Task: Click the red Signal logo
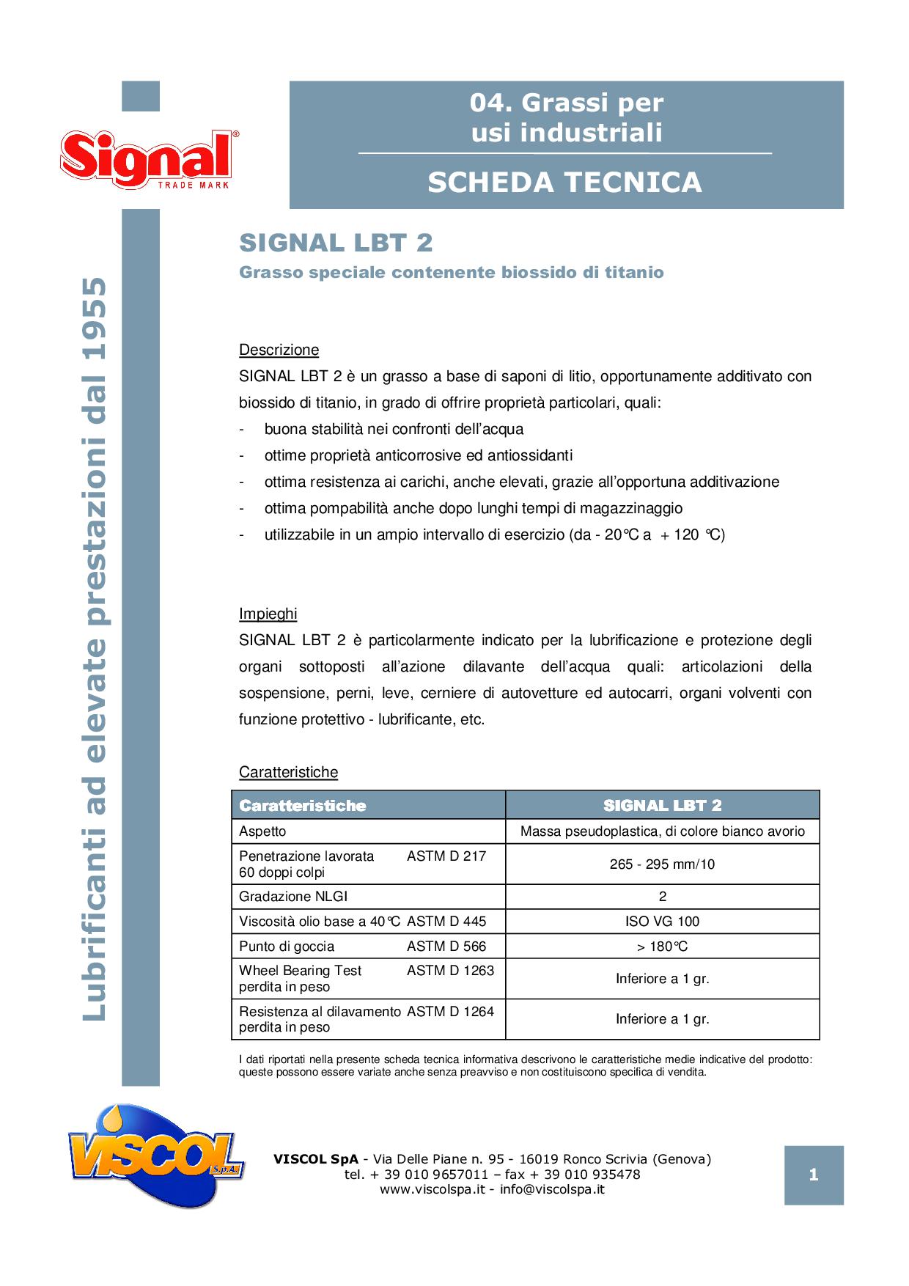tap(149, 159)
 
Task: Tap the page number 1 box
tap(813, 1175)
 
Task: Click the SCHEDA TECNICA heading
tap(564, 182)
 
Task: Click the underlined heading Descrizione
tap(279, 350)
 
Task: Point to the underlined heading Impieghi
tap(268, 614)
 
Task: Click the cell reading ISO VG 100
tap(662, 921)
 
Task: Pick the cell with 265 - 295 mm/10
tap(662, 864)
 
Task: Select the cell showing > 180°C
tap(662, 946)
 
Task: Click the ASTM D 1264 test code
tap(450, 1011)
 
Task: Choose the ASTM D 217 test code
tap(446, 856)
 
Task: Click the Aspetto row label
tap(262, 831)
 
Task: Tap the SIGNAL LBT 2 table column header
tap(662, 805)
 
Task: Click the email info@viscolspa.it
tap(552, 1189)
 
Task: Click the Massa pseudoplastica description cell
tap(662, 831)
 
